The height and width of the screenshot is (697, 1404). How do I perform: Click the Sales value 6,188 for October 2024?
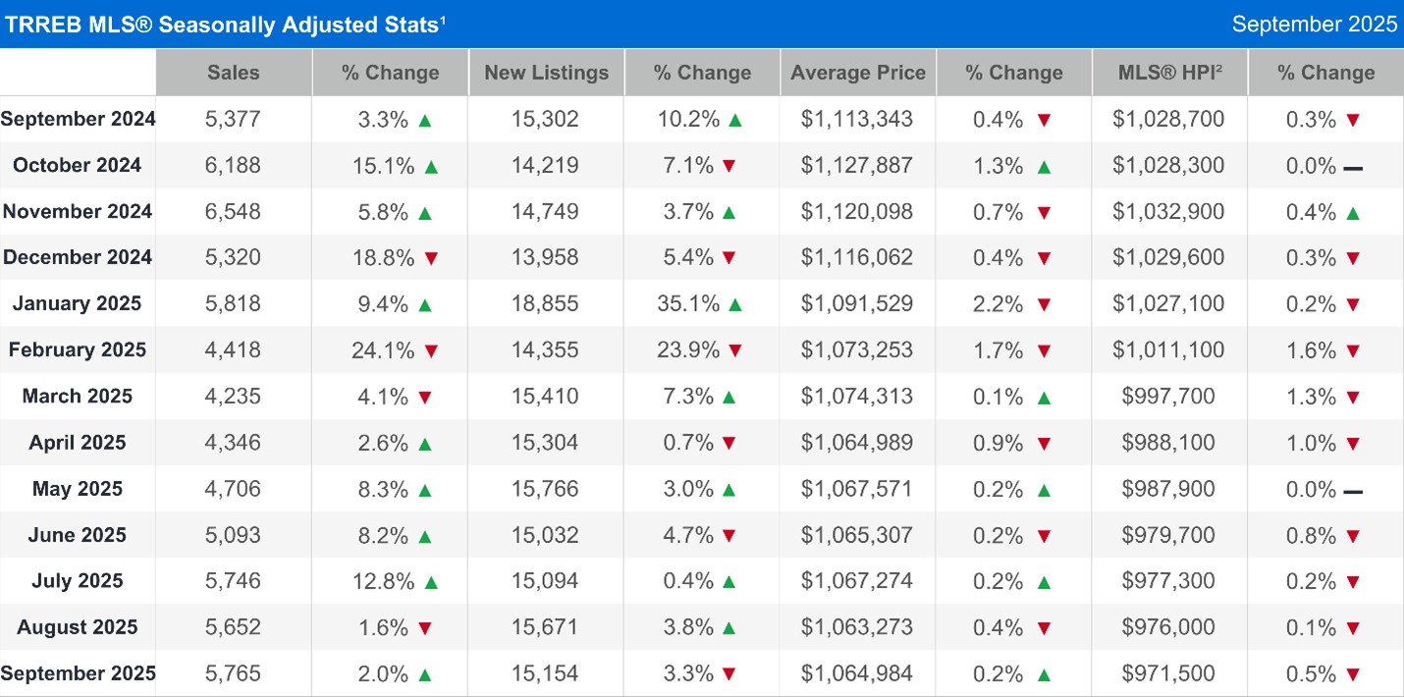pos(234,165)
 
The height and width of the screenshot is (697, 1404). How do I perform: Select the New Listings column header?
pos(546,73)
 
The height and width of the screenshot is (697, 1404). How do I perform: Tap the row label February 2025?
pos(78,350)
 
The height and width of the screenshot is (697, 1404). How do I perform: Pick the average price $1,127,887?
pos(857,165)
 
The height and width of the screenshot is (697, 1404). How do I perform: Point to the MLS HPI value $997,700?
pos(1168,397)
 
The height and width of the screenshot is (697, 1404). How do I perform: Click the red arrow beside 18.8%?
pos(430,258)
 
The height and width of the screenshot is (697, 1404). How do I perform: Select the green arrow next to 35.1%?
pos(734,304)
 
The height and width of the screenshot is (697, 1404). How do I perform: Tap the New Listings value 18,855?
pos(546,304)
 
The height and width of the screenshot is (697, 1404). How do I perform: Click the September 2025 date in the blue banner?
pos(1315,25)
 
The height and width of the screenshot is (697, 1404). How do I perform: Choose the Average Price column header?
pos(858,73)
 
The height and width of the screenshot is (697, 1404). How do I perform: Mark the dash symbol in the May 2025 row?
pos(1352,490)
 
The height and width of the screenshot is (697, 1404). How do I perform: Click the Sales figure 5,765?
pos(234,674)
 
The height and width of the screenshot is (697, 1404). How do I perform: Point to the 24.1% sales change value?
pos(380,350)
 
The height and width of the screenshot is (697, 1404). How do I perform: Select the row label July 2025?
pos(78,581)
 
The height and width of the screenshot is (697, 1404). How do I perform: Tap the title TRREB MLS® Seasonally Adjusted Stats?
pos(224,25)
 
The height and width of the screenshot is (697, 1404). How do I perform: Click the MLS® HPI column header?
pos(1169,73)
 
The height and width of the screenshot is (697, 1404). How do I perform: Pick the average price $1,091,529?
pos(857,304)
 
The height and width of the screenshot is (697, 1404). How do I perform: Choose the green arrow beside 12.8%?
pos(430,582)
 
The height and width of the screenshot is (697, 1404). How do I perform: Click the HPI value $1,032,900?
pos(1168,212)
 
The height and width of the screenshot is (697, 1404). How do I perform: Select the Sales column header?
pos(234,73)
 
